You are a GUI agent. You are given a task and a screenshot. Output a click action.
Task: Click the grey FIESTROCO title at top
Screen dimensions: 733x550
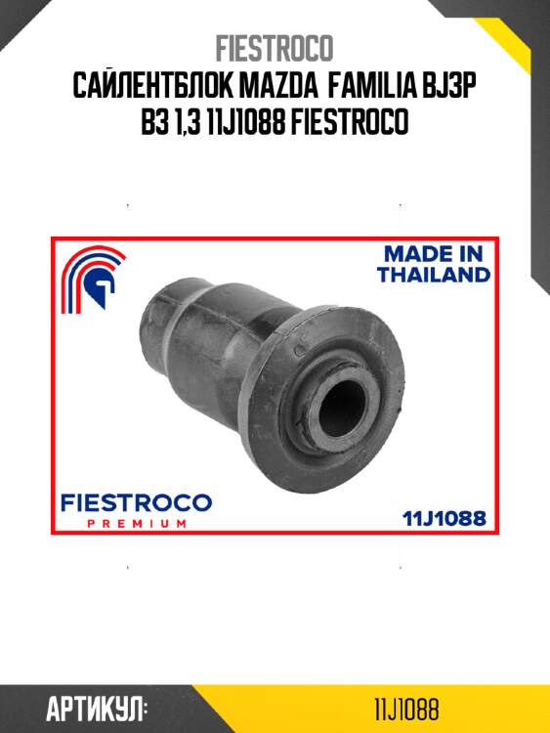coord(275,47)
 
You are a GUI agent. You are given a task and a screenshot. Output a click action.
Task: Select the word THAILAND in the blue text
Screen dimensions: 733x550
coord(433,275)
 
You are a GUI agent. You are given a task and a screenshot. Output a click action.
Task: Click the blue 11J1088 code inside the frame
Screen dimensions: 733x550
coord(444,517)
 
